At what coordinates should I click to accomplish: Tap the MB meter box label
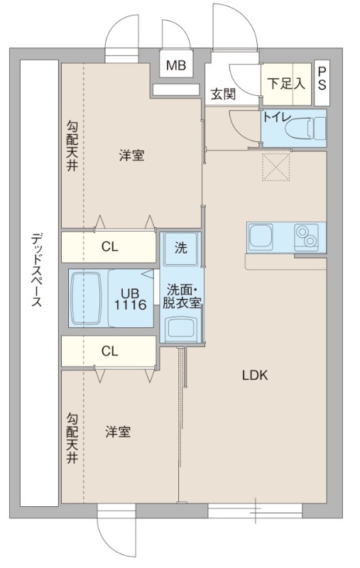(x=175, y=67)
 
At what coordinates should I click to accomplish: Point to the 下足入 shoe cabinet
(x=285, y=82)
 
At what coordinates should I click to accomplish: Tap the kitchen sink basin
(x=259, y=236)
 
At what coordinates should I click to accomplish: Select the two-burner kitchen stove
(x=307, y=236)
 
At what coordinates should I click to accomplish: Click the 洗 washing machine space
(x=181, y=248)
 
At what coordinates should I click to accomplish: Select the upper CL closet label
(x=109, y=247)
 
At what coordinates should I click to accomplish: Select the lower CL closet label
(x=109, y=351)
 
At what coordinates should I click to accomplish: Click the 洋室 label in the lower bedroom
(x=118, y=431)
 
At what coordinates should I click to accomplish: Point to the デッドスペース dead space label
(x=37, y=270)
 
